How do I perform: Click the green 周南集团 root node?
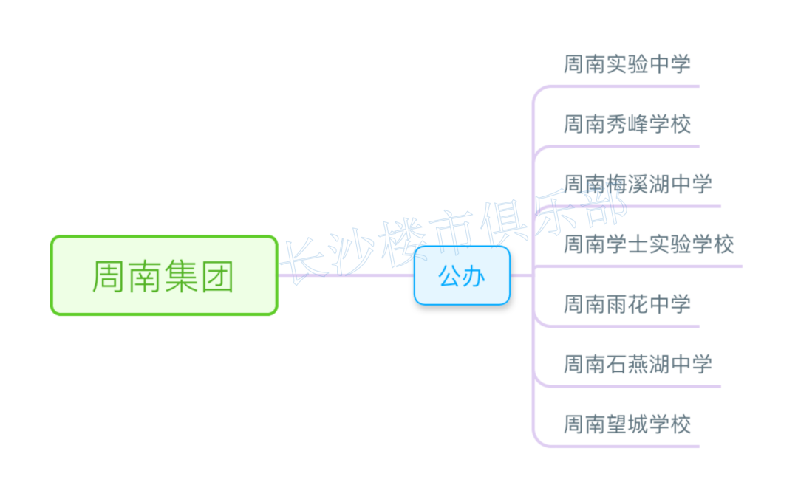pyautogui.click(x=164, y=275)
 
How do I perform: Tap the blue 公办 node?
pyautogui.click(x=462, y=275)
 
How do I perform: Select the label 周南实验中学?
pyautogui.click(x=627, y=64)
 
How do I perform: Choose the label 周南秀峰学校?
pyautogui.click(x=627, y=124)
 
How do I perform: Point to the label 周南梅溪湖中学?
pyautogui.click(x=637, y=184)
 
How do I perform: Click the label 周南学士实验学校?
pyautogui.click(x=648, y=244)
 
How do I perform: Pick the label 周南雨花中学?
pyautogui.click(x=627, y=303)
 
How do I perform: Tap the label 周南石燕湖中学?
pyautogui.click(x=637, y=364)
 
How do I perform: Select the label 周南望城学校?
pyautogui.click(x=627, y=424)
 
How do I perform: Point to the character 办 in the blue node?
pyautogui.click(x=474, y=276)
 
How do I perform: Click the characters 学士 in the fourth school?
pyautogui.click(x=627, y=244)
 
